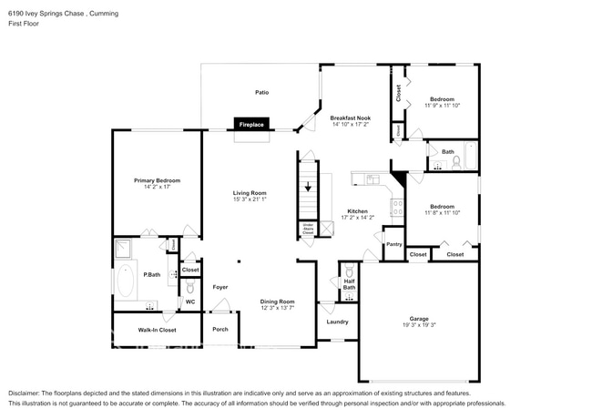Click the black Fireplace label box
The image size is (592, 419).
(251, 123)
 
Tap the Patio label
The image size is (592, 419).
(261, 92)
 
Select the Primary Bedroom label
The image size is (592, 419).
(158, 181)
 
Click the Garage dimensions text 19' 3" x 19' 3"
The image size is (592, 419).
(419, 325)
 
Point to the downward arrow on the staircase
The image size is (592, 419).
(308, 187)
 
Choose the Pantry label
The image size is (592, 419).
(393, 244)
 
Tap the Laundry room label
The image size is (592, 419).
(338, 322)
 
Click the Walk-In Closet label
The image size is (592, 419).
(157, 330)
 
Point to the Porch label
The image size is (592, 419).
(220, 329)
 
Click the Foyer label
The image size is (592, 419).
(220, 287)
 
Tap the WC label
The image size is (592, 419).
(190, 301)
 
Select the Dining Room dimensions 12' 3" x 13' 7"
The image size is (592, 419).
(279, 308)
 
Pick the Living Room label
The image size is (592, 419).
(249, 192)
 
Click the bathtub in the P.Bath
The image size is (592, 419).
(126, 282)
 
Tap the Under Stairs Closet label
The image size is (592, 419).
(308, 230)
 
